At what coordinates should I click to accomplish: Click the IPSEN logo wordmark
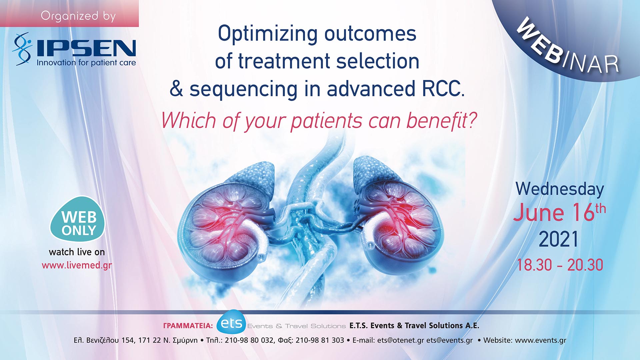[86, 48]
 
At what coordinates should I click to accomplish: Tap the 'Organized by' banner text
[78, 16]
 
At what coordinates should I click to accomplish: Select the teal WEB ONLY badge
[78, 220]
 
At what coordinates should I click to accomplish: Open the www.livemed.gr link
[77, 265]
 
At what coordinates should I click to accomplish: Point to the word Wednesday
[560, 189]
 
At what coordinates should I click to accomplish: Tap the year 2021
[558, 239]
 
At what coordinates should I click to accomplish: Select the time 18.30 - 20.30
[560, 265]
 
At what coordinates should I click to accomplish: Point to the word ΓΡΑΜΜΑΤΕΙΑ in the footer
[188, 326]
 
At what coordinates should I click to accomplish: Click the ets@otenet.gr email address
[400, 340]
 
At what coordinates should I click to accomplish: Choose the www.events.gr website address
[540, 340]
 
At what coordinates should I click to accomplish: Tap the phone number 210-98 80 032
[249, 340]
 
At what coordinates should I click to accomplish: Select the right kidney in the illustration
[400, 223]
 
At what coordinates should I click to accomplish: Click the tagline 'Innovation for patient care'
[86, 63]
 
